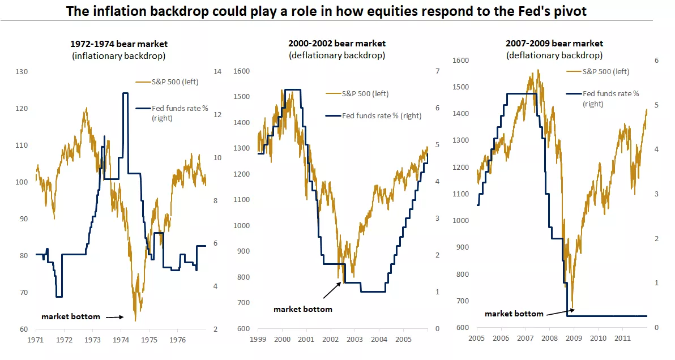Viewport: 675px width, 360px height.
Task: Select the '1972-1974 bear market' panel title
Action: click(119, 44)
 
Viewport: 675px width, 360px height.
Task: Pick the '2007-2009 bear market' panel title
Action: click(554, 44)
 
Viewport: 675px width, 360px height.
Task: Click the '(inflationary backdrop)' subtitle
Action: click(119, 55)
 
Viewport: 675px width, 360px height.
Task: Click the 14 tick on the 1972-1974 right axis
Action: click(216, 72)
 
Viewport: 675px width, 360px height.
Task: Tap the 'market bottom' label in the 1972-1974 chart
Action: click(71, 316)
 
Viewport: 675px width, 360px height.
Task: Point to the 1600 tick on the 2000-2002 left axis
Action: click(241, 72)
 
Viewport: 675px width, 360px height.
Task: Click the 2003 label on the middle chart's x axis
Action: click(354, 339)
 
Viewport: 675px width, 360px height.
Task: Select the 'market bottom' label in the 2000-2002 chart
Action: click(303, 309)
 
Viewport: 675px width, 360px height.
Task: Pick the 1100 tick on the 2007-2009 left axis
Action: click(461, 194)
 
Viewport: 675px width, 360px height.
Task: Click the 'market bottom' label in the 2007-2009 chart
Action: click(514, 314)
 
